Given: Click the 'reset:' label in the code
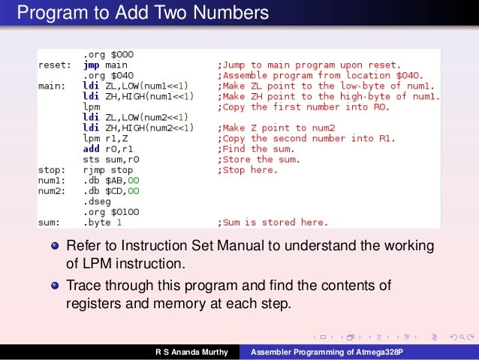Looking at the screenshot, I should tap(55, 65).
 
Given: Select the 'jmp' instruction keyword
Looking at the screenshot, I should tap(91, 65).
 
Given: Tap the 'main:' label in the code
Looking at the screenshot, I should tap(53, 86).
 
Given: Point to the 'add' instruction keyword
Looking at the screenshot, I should tap(92, 149).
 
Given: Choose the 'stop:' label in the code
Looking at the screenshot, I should tap(53, 170).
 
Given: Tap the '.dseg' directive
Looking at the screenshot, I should tap(97, 201).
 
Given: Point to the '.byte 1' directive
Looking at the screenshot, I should tap(102, 222).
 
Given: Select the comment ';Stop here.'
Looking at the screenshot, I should tap(248, 170).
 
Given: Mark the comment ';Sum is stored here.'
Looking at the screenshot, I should tap(273, 222).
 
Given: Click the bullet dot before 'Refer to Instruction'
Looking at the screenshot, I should tap(55, 246).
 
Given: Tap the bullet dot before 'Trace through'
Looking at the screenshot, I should tap(55, 286).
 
